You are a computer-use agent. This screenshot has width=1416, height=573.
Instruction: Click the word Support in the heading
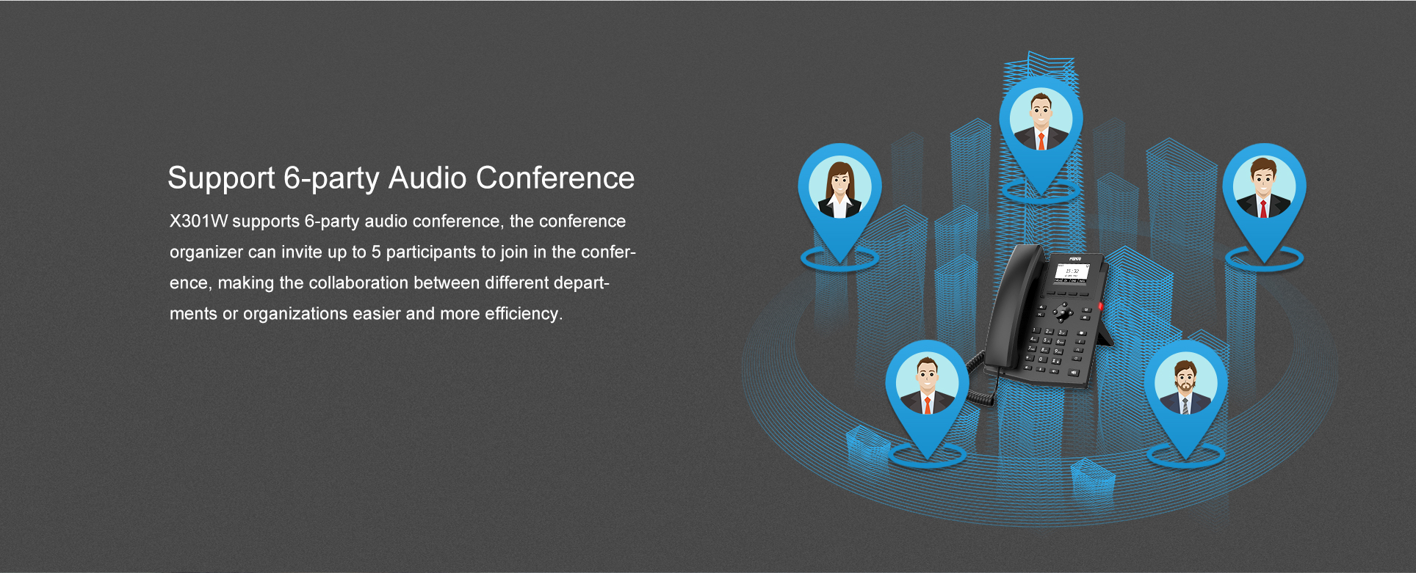[x=221, y=178]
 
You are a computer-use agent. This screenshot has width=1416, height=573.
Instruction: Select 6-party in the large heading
[x=331, y=179]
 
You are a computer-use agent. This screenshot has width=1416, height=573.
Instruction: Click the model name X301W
[x=198, y=221]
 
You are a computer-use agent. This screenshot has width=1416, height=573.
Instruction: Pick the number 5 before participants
[x=376, y=252]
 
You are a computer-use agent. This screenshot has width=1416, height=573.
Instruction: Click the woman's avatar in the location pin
[x=840, y=187]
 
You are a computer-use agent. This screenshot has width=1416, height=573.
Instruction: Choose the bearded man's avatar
[x=1185, y=383]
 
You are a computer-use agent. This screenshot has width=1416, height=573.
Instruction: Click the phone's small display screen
[x=1071, y=272]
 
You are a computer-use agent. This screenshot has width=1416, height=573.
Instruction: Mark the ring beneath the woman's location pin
[x=839, y=259]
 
